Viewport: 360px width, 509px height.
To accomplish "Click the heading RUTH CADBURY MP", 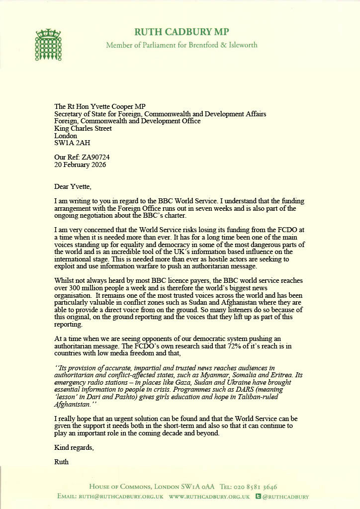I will [x=181, y=32].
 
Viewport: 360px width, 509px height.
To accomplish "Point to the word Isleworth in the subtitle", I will [x=240, y=45].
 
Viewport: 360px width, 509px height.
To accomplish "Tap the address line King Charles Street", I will [x=83, y=128].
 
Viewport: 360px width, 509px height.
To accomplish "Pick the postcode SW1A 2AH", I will [x=73, y=143].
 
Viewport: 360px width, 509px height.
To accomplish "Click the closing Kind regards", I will [x=74, y=448].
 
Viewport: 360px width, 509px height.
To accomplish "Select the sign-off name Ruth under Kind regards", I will [x=62, y=462].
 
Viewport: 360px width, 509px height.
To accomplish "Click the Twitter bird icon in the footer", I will [x=258, y=496].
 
